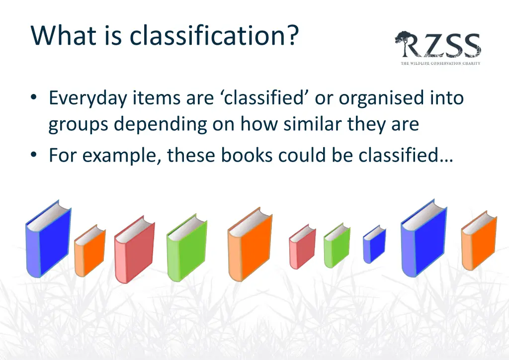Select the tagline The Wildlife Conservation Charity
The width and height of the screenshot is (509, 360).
click(x=440, y=63)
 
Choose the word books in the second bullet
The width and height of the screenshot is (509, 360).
click(x=247, y=155)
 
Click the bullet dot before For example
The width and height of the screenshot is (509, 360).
click(x=33, y=155)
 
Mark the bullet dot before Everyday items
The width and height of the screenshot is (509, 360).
click(x=33, y=97)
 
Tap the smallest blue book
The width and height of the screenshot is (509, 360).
click(x=374, y=244)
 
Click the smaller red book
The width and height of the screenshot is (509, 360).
click(x=302, y=247)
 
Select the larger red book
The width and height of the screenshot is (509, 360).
click(x=135, y=250)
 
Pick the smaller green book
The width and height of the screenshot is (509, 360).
click(x=337, y=245)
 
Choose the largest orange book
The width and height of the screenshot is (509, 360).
click(x=250, y=245)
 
